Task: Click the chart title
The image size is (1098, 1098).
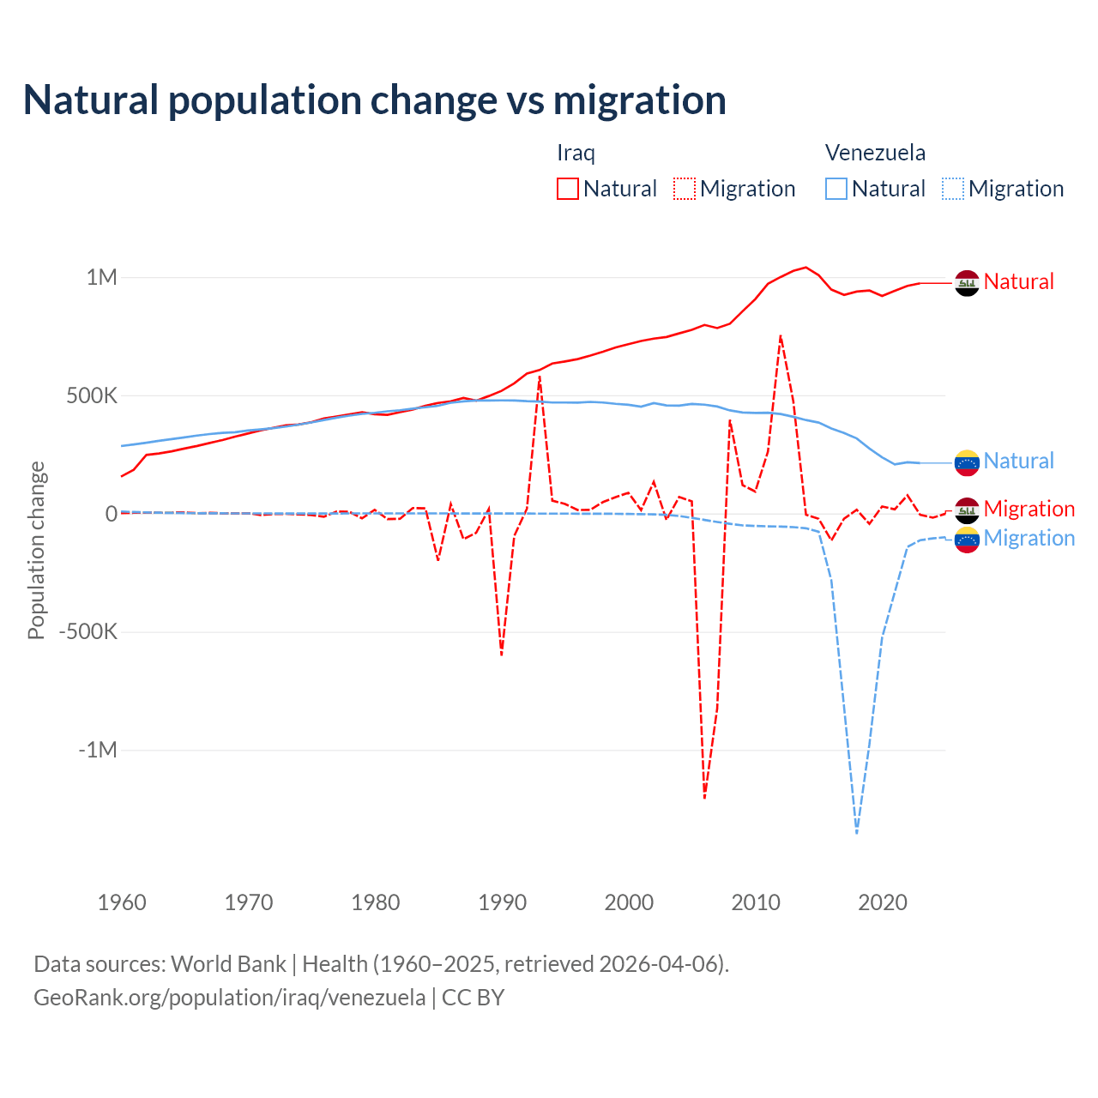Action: [x=375, y=100]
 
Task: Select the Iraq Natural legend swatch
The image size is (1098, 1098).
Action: [x=567, y=189]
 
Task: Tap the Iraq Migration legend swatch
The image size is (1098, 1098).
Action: [x=684, y=189]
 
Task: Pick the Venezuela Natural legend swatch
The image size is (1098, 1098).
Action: [x=836, y=189]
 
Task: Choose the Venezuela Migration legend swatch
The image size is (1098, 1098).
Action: [x=952, y=189]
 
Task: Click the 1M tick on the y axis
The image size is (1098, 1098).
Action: [x=101, y=277]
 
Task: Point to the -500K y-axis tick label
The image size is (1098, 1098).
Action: [x=87, y=632]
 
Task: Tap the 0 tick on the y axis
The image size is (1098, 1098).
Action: [x=112, y=514]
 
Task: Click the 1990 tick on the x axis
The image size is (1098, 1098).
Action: [x=503, y=902]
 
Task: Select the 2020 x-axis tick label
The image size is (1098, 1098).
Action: [x=883, y=902]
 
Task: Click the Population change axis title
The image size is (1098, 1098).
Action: [x=36, y=550]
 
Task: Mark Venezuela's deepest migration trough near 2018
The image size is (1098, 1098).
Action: [x=857, y=832]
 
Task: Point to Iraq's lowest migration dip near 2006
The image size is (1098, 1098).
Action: [x=704, y=798]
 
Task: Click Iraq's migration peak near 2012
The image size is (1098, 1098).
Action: [x=781, y=335]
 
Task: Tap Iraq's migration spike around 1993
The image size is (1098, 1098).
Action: [x=540, y=377]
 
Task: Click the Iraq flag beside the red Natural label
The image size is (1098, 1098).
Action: [x=967, y=283]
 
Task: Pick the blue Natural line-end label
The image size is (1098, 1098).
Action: [x=1018, y=461]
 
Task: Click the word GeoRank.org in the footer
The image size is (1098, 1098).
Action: [x=87, y=998]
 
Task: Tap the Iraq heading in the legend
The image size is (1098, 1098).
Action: [x=576, y=153]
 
